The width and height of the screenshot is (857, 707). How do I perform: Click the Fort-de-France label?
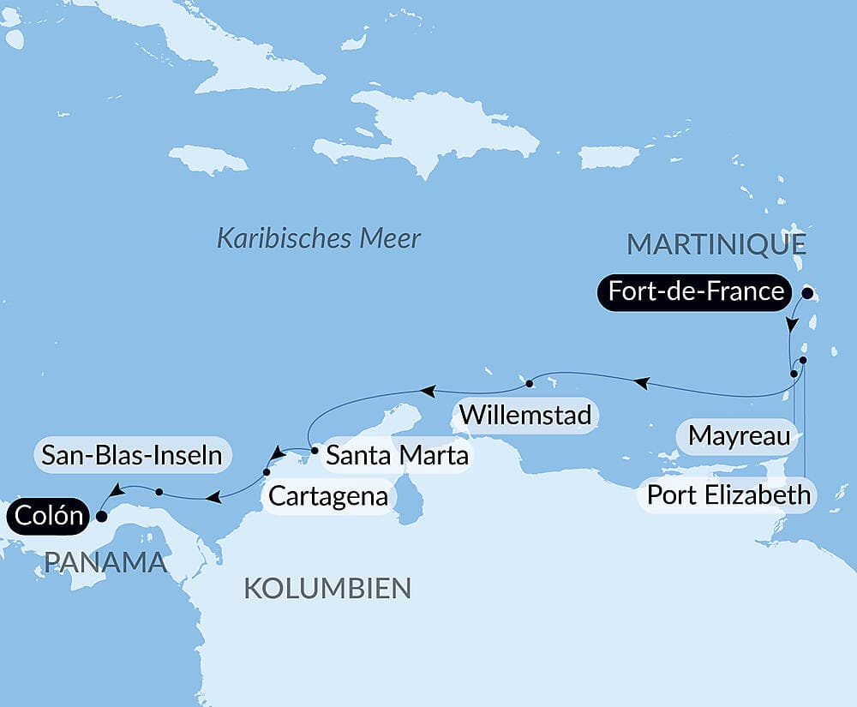(695, 291)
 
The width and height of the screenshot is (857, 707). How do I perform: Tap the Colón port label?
(48, 517)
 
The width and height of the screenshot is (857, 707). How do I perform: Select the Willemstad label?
(525, 415)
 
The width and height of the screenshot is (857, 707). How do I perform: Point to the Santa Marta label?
(398, 455)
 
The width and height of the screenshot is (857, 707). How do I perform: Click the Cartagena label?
(328, 495)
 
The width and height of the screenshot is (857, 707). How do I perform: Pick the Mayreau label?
(739, 435)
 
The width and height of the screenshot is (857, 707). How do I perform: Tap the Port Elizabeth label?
(728, 494)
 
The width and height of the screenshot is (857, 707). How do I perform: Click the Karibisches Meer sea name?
(318, 237)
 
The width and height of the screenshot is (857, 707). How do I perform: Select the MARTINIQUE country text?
(716, 244)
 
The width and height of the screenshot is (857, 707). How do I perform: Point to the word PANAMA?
(105, 562)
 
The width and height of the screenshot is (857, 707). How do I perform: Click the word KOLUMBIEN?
(327, 588)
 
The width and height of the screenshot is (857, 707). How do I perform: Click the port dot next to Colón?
(102, 517)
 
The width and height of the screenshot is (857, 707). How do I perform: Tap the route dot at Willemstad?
(530, 382)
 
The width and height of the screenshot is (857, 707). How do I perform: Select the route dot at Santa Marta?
(315, 448)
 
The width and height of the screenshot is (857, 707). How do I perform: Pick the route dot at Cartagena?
(267, 472)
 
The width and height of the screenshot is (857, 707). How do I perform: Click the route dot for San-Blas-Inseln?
(159, 491)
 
